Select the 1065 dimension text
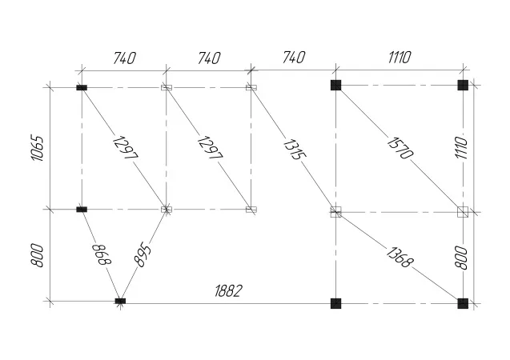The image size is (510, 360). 37,148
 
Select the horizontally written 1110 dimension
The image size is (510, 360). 399,57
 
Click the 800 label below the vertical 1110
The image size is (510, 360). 461,256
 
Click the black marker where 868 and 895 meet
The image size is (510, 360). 120,301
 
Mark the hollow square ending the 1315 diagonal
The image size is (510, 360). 336,211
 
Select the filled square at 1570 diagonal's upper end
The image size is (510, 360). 336,85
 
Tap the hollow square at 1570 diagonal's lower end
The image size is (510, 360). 462,211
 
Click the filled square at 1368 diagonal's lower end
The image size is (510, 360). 463,303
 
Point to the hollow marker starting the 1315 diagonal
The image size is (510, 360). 251,86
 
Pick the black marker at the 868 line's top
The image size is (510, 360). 81,209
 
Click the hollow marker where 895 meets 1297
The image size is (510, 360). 167,209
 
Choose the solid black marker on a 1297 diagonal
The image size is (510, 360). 81,86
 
